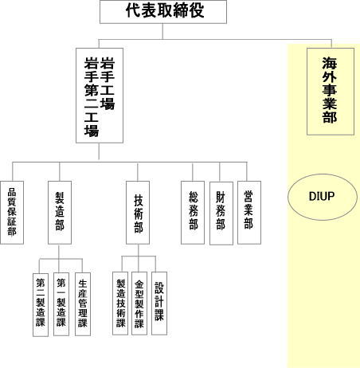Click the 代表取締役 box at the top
(x=163, y=12)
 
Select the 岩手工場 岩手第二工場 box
(x=100, y=96)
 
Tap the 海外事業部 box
(x=331, y=92)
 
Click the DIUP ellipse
(x=323, y=197)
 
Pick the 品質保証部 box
(x=12, y=213)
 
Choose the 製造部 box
(x=60, y=213)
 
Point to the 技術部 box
(x=138, y=213)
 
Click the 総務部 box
(x=193, y=213)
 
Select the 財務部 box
(x=221, y=213)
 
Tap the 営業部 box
(x=249, y=213)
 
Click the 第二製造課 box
(x=41, y=305)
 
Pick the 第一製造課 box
(x=61, y=304)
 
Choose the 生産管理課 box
(x=83, y=304)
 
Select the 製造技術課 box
(x=120, y=303)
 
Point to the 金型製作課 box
(x=139, y=303)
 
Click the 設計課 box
(x=159, y=303)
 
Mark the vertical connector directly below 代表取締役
(x=162, y=32)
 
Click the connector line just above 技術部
(x=138, y=172)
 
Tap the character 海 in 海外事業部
(x=330, y=63)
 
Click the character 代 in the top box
(x=133, y=10)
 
